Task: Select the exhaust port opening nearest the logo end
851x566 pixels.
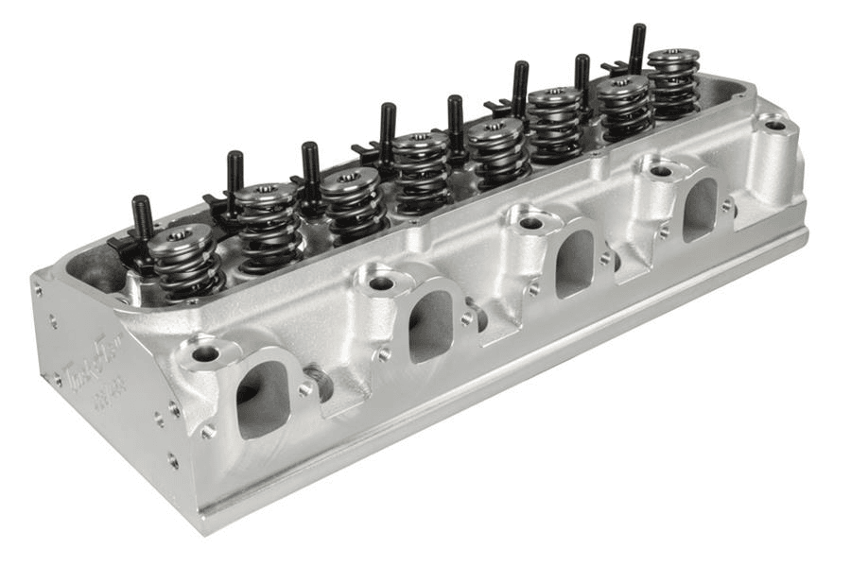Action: [262, 397]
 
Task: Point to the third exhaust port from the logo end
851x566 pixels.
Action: [574, 262]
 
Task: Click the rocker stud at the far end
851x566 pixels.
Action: [637, 48]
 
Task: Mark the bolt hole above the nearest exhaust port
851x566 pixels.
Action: [205, 354]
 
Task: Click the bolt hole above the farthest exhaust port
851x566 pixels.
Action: [661, 171]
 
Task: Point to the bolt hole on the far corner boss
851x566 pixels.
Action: [774, 125]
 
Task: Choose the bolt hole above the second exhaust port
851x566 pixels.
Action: [381, 283]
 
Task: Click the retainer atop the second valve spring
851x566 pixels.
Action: [266, 194]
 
